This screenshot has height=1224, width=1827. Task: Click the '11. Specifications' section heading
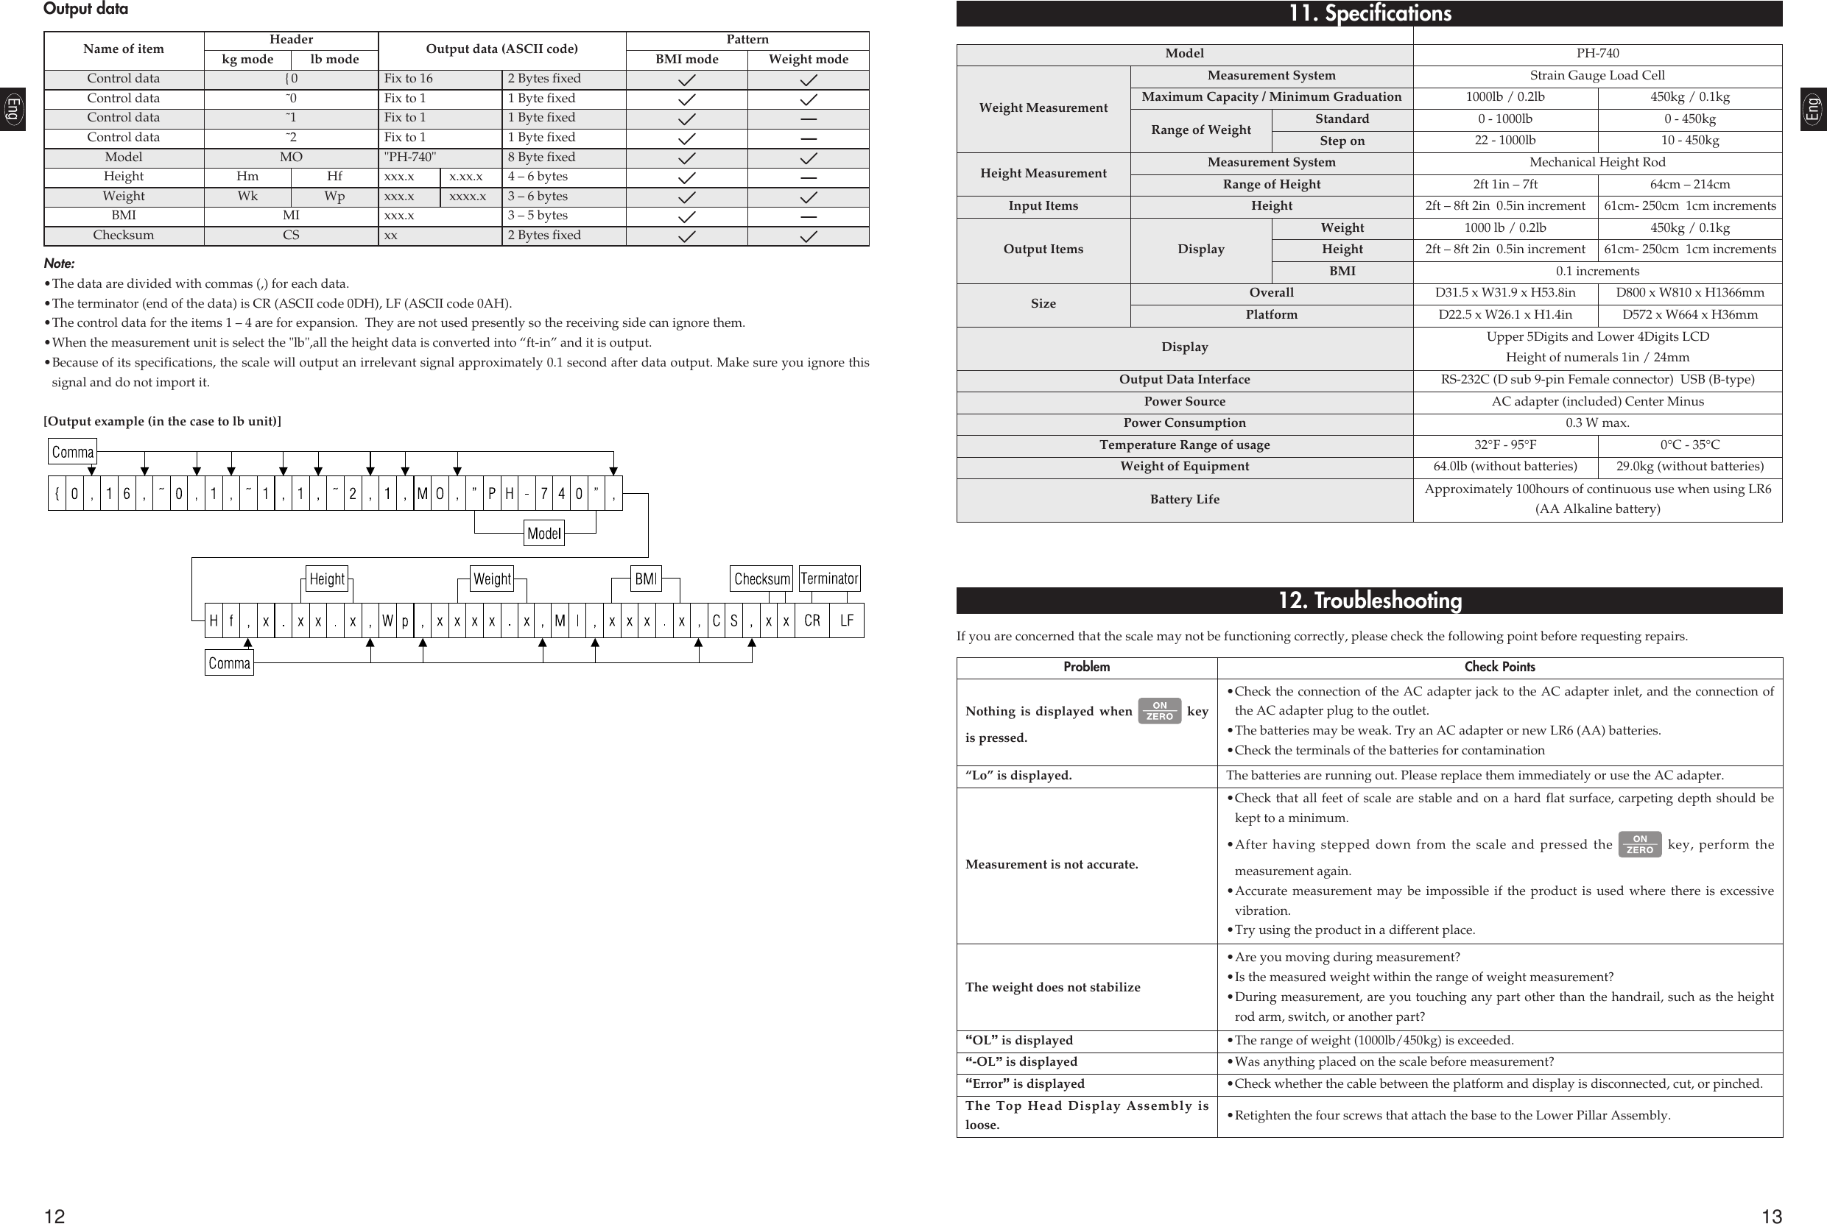coord(1369,13)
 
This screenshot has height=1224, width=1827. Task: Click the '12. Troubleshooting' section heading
coord(1369,601)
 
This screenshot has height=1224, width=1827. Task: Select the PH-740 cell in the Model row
coord(1597,54)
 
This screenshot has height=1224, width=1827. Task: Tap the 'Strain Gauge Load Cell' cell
coord(1597,76)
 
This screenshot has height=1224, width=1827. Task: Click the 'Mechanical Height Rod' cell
coord(1597,163)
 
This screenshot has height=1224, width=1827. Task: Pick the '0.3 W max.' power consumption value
coord(1597,423)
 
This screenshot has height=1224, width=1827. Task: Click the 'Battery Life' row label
coord(1183,500)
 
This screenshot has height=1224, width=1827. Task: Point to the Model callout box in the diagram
coord(543,534)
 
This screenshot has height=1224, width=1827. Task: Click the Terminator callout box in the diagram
coord(828,579)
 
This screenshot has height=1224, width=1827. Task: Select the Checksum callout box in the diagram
coord(761,579)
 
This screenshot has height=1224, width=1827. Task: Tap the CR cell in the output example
coord(812,620)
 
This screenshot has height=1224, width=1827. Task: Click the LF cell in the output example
coord(846,620)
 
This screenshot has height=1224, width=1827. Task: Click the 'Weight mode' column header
coord(808,60)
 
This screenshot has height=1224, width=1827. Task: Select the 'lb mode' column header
coord(334,60)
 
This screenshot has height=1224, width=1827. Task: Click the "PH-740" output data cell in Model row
coord(440,157)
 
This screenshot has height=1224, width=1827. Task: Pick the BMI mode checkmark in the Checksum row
coord(686,236)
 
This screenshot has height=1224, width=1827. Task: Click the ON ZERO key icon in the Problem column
coord(1159,711)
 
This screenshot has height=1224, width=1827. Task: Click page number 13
coord(1772,1215)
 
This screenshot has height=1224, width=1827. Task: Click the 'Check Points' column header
coord(1499,668)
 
